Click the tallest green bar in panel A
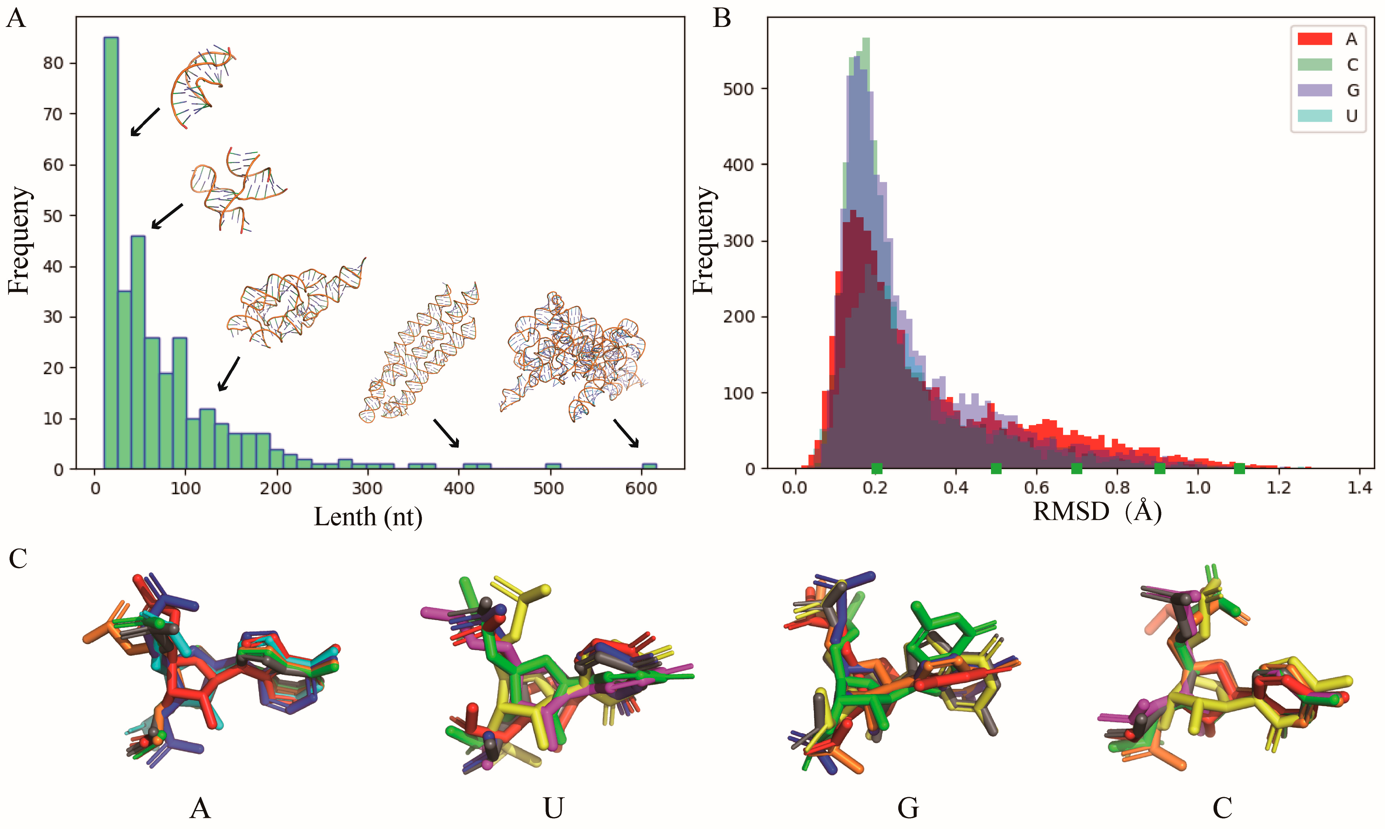111,251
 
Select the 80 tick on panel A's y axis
53,63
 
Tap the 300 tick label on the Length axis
367,488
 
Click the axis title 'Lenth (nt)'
368,517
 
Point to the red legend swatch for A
1314,39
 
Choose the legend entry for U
1351,116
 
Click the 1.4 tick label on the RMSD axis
1359,488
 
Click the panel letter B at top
722,19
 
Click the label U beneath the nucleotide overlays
553,808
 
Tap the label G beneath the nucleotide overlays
908,808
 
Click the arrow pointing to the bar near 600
626,433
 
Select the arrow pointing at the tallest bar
145,122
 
